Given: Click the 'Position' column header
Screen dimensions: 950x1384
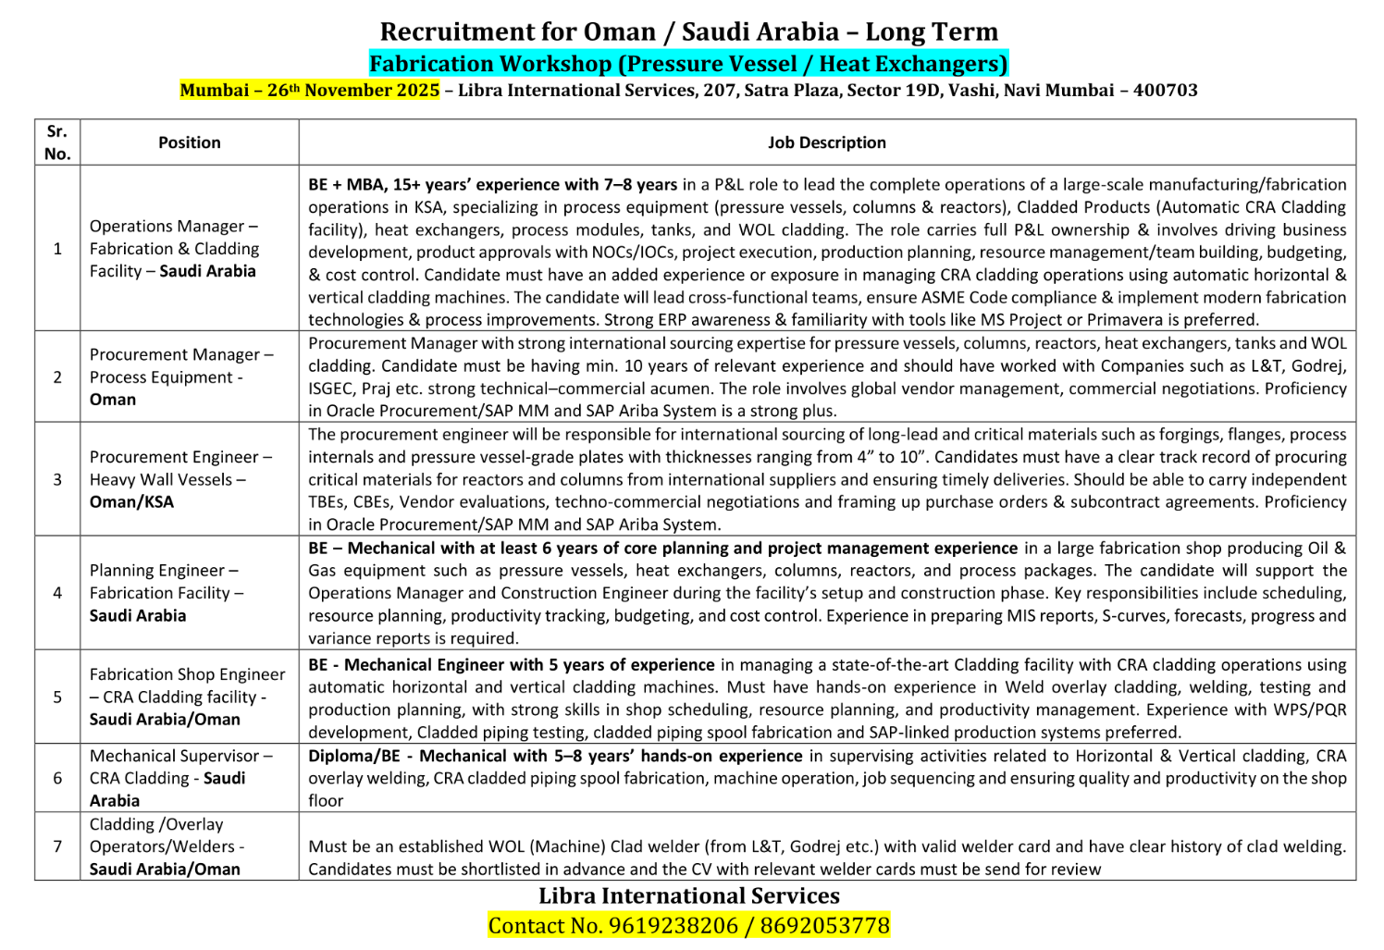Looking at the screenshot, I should (x=189, y=142).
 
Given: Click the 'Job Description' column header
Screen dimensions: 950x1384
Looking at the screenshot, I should (x=826, y=142).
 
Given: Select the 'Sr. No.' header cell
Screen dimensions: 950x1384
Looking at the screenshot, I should (x=57, y=142).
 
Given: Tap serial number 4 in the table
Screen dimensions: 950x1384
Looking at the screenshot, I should (x=57, y=593).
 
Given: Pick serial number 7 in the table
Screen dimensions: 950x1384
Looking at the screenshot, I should (x=57, y=846).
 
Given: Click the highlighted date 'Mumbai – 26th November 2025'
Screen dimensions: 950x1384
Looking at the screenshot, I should (x=309, y=91).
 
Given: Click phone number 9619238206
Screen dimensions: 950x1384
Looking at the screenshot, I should (x=673, y=926).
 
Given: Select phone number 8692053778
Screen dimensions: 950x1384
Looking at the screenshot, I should (x=824, y=926).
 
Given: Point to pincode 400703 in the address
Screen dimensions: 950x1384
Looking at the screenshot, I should (x=1165, y=91).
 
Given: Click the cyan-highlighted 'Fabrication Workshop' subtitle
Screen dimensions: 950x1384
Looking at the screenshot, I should (x=688, y=64).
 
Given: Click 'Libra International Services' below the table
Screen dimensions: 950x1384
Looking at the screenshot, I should (x=689, y=895).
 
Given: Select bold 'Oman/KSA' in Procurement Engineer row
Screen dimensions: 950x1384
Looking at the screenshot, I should (x=131, y=502).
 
